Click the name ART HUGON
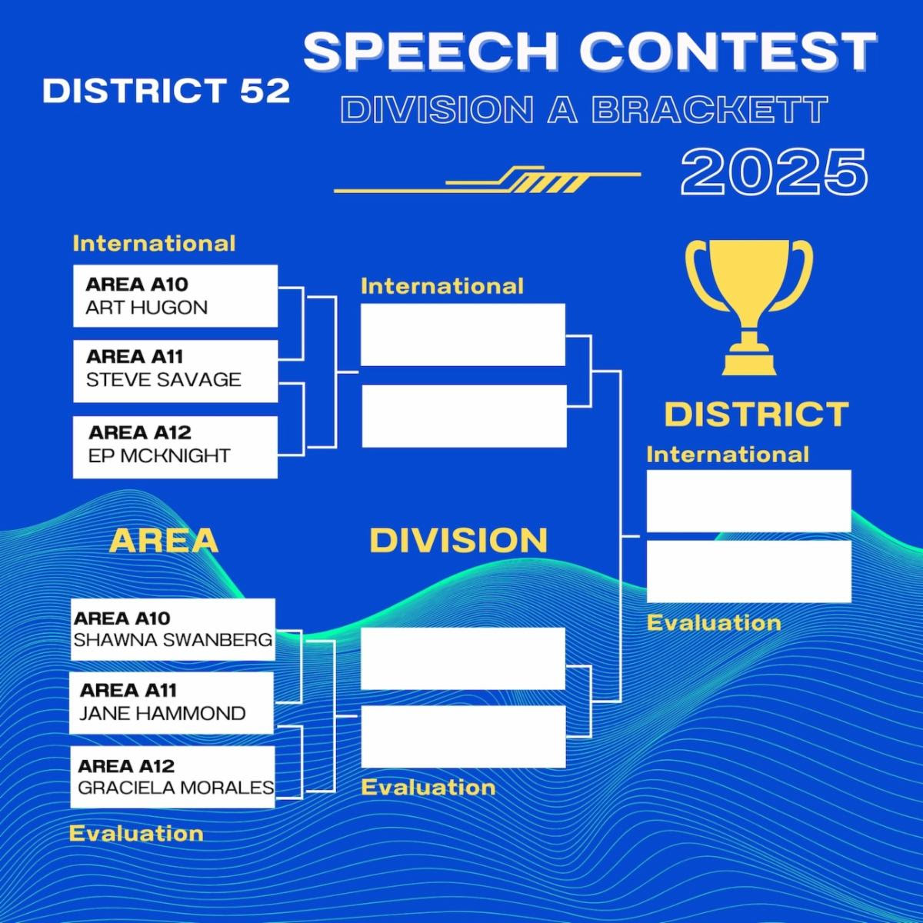click(147, 308)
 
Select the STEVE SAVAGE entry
click(163, 380)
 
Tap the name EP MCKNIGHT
click(159, 455)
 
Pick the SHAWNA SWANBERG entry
click(173, 640)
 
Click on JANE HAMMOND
click(162, 714)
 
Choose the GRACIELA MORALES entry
click(176, 788)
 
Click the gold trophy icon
click(749, 307)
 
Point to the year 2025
click(774, 172)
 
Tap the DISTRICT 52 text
click(166, 91)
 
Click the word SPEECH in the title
click(431, 52)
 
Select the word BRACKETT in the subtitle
click(709, 110)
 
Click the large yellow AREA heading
click(164, 541)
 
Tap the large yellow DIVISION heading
click(458, 540)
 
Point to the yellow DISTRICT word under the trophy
click(756, 415)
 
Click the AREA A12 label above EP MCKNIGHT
click(140, 433)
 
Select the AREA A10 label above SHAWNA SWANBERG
click(122, 618)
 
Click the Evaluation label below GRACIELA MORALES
click(136, 834)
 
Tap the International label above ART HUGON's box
click(155, 244)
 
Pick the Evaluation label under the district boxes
click(714, 623)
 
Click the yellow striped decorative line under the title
click(487, 179)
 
